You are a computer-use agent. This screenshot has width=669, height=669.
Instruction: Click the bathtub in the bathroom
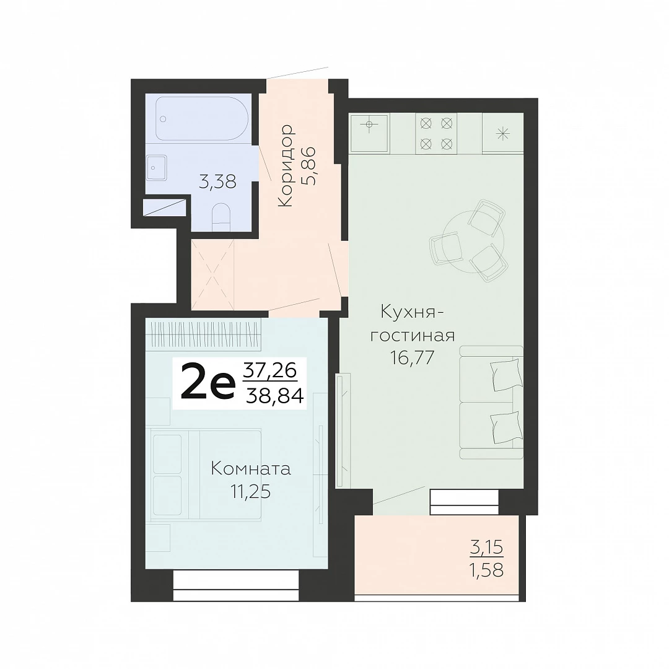coord(202,118)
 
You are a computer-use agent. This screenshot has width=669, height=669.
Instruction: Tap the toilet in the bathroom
coord(221,217)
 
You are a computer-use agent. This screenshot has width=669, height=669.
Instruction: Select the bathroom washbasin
coord(157,168)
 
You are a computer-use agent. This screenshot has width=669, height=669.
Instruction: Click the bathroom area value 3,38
coord(217,183)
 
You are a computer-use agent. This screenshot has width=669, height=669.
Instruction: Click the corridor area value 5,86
coord(308,166)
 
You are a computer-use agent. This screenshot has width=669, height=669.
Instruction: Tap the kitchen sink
coord(369,133)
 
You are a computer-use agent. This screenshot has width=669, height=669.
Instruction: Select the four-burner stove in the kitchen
coord(436,134)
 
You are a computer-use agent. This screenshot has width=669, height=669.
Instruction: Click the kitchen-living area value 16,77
coord(412,357)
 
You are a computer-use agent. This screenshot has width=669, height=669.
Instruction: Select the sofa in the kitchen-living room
coord(491,403)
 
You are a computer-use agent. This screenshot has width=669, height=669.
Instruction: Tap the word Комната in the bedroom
coord(251,470)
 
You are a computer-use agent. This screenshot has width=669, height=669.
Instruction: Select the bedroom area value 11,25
coord(251,492)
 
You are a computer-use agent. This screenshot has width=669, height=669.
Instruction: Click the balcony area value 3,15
coord(487,547)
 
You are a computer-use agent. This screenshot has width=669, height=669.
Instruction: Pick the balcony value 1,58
coord(487,570)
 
